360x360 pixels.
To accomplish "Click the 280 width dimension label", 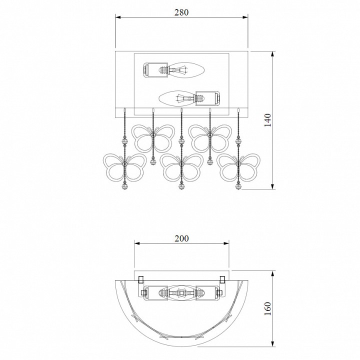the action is (181, 12).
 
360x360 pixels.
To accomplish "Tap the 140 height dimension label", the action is (267, 120).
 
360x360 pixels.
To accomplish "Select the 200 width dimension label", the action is (181, 238).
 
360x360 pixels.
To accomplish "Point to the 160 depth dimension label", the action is (267, 308).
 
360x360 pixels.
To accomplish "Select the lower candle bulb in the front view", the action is (177, 98).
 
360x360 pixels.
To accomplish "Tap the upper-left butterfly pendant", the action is (153, 138).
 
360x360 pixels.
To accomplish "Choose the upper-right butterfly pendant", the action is (210, 138).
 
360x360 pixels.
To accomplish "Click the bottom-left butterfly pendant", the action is (124, 167).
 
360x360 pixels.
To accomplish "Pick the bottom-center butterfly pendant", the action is (181, 167).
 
